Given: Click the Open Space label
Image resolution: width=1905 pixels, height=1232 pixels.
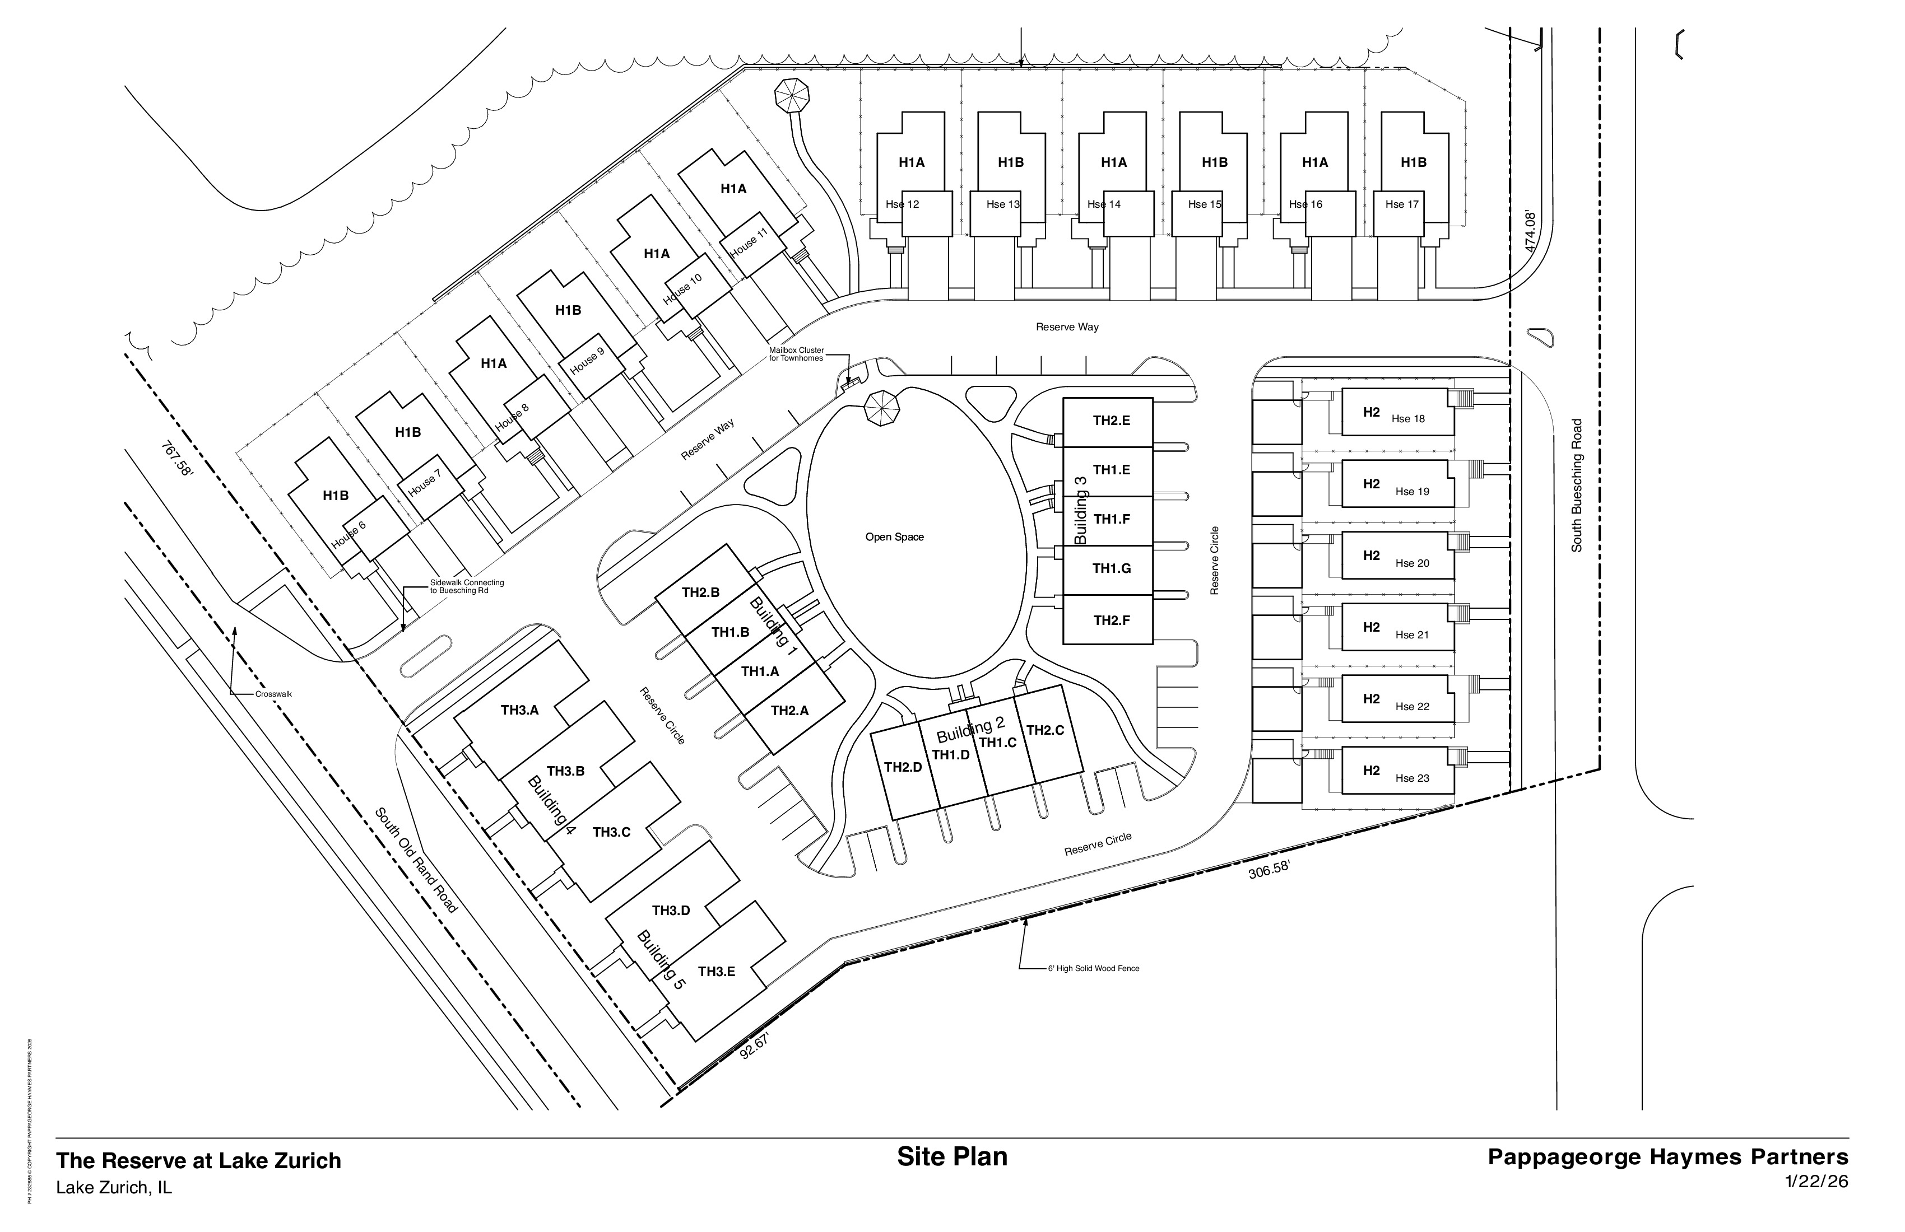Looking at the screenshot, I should click(x=894, y=537).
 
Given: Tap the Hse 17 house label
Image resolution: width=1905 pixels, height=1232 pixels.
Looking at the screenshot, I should click(x=1401, y=204).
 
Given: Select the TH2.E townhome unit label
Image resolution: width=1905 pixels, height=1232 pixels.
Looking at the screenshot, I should click(x=1111, y=421).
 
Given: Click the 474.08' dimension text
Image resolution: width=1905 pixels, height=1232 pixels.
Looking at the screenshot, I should click(x=1530, y=231).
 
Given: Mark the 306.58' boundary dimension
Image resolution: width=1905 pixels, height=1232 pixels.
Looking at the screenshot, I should click(x=1269, y=870).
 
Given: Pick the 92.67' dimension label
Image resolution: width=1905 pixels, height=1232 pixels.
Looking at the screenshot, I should click(x=754, y=1047).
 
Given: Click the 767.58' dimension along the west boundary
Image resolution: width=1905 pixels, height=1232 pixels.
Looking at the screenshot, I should click(x=177, y=459).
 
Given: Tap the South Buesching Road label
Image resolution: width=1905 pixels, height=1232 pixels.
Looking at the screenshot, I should click(x=1577, y=485).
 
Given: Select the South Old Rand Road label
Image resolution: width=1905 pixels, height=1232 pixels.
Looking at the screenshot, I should click(x=415, y=860).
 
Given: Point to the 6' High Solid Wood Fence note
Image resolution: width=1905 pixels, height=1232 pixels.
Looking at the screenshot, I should click(x=1093, y=969).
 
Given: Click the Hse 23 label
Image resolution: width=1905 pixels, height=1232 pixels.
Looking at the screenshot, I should click(x=1412, y=778).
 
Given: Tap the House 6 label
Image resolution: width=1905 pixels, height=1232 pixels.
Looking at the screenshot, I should click(x=349, y=534).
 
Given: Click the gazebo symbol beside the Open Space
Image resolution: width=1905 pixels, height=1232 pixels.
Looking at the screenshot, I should click(x=881, y=409).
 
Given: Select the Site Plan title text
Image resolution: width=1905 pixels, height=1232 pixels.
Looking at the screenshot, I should click(x=952, y=1157).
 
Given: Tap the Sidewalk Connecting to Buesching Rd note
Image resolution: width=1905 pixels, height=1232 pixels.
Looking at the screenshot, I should click(x=467, y=586).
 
